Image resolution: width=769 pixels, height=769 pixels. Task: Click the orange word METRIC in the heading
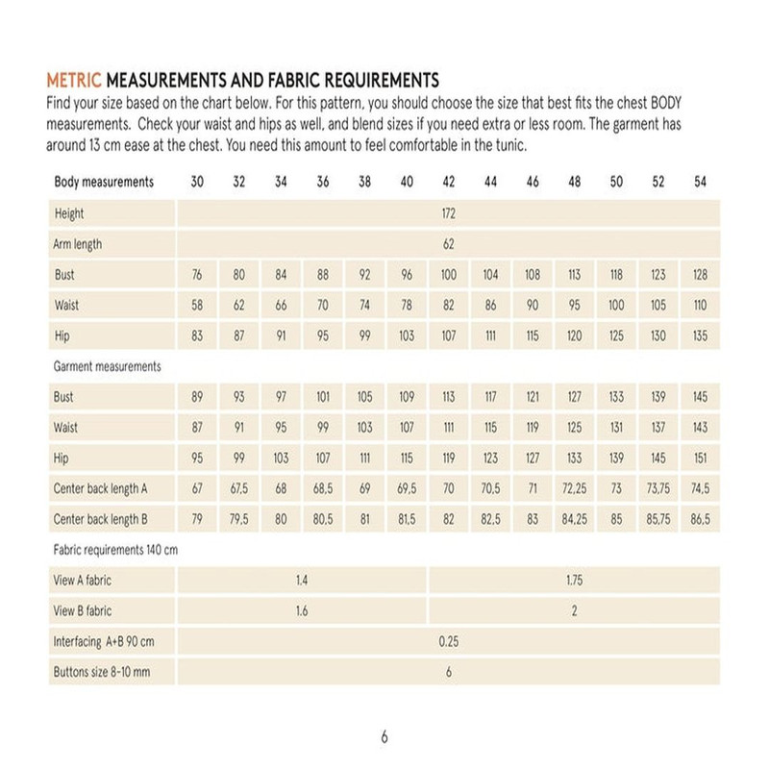coord(74,81)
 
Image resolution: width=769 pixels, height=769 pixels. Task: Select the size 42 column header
coord(449,183)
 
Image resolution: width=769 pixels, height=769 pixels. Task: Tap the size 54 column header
coord(700,183)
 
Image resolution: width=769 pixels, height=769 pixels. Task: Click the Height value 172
coord(449,213)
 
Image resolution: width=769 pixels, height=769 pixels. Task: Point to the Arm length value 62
coord(449,244)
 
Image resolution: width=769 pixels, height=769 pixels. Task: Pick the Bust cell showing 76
coord(197,275)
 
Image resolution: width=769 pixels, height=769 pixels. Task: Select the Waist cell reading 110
coord(700,306)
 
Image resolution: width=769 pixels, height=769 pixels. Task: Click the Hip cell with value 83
coord(197,336)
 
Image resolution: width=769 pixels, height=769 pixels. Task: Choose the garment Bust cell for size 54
coord(700,397)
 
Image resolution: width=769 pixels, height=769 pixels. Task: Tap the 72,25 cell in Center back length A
coord(575,489)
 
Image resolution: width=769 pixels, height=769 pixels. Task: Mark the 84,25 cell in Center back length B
coord(575,520)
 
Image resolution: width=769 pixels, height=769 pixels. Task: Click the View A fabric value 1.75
coord(575,581)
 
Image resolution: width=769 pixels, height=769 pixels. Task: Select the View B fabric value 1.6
coord(302,611)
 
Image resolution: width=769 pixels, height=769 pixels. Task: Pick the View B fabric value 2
coord(575,611)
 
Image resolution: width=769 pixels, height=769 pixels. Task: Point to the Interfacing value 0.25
coord(449,642)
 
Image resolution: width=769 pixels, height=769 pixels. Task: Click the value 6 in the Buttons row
coord(449,673)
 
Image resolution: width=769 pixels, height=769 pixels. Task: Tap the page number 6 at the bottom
coord(384,737)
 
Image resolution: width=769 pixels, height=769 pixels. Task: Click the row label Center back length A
coord(101,489)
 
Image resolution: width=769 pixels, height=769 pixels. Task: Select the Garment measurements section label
coord(108,366)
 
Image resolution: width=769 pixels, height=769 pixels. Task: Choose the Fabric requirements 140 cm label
coord(115,551)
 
